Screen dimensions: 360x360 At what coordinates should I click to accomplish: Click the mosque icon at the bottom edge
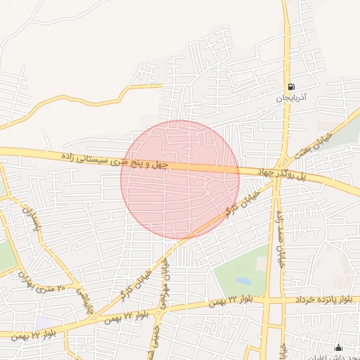[x=338, y=347]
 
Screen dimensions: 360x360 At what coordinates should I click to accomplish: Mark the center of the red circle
[x=180, y=179]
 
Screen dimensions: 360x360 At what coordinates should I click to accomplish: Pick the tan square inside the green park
[x=262, y=264]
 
